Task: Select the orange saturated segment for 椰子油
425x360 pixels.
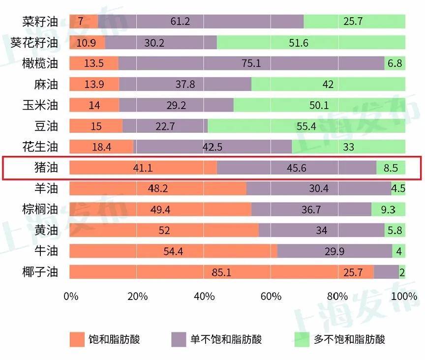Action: point(221,272)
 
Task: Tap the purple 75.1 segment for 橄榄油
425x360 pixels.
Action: point(251,63)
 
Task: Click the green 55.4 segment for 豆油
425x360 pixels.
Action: point(306,126)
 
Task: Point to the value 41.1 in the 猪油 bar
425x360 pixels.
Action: point(143,168)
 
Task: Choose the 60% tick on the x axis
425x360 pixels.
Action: point(271,297)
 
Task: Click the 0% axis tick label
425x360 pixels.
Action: point(71,297)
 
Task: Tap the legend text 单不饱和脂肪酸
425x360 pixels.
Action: point(226,339)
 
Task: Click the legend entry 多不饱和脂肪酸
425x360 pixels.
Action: point(349,339)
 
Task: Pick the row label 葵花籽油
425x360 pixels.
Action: point(34,43)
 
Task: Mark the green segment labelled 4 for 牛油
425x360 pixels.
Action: point(399,251)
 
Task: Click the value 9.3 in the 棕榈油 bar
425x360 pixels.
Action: point(388,210)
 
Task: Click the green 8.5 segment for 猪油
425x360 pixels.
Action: point(391,168)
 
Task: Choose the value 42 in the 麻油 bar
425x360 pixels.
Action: point(328,85)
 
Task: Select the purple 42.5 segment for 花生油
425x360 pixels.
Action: point(212,147)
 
